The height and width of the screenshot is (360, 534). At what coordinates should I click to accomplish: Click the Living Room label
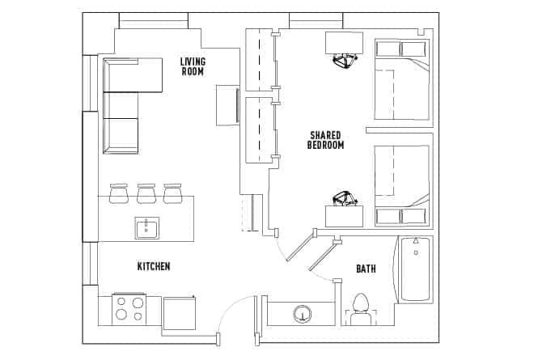[x=193, y=66]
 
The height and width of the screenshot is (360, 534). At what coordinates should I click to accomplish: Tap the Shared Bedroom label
[x=326, y=140]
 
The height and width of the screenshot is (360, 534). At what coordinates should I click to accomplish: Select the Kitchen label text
[x=154, y=266]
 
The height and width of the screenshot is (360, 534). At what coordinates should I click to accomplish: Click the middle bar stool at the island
[x=146, y=193]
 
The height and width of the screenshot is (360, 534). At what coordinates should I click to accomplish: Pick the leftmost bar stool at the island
[x=120, y=193]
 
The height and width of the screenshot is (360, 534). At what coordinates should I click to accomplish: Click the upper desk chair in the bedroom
[x=345, y=61]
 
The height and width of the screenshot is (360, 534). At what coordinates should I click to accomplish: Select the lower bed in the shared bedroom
[x=400, y=186]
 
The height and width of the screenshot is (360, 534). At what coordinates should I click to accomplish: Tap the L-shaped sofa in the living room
[x=121, y=105]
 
